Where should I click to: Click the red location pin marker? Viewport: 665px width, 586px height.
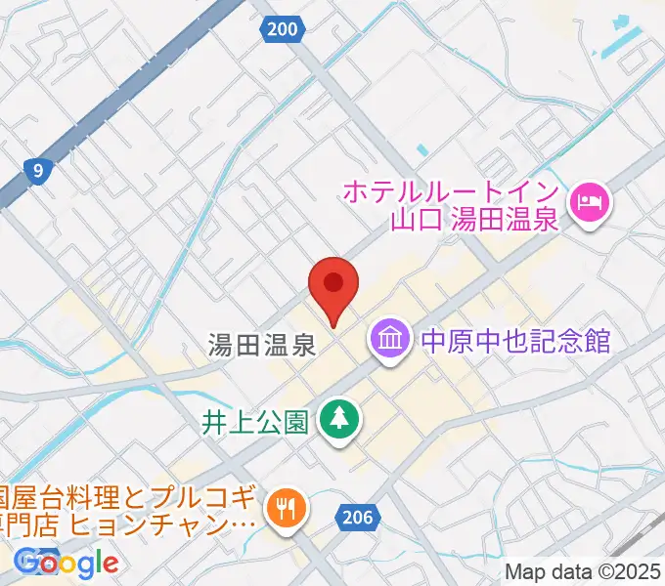pos(333,286)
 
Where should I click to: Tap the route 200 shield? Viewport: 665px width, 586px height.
pos(282,30)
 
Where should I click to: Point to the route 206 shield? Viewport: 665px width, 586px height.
pos(357,518)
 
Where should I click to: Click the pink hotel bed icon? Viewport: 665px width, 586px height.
pos(590,203)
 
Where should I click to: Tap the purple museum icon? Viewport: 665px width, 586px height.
pos(391,341)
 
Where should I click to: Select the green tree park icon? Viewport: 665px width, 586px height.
pos(339,421)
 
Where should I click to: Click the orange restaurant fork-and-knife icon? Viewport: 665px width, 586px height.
pos(286,507)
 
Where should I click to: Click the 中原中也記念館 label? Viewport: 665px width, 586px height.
pos(515,341)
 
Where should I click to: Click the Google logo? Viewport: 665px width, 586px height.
pos(66,563)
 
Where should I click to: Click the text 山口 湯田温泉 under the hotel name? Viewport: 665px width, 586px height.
pos(473,219)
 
